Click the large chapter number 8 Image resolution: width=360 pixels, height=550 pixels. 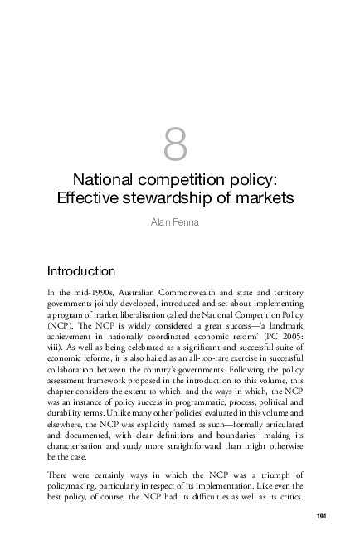pyautogui.click(x=176, y=146)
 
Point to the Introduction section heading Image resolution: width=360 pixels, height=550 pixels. pyautogui.click(x=80, y=271)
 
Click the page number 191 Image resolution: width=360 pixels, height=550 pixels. pyautogui.click(x=324, y=518)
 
